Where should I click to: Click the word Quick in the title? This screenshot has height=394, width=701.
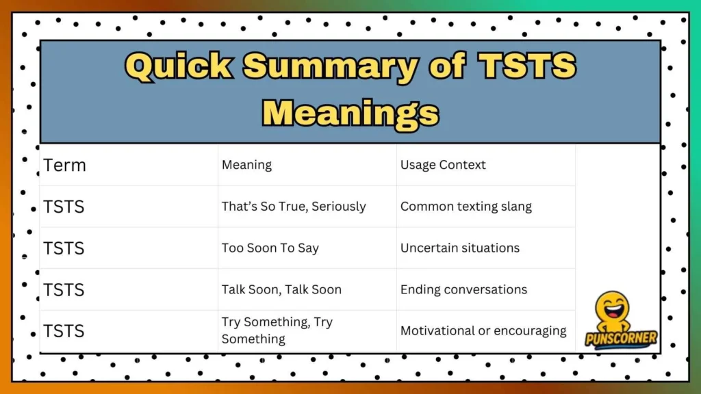click(180, 67)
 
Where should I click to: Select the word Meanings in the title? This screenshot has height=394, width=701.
click(350, 111)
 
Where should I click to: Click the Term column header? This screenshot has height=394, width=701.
click(64, 165)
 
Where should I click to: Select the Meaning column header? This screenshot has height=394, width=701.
click(246, 165)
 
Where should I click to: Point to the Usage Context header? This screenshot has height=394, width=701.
click(443, 165)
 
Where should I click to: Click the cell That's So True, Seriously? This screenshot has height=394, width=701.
click(294, 207)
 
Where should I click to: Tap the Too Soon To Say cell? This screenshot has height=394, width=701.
click(270, 248)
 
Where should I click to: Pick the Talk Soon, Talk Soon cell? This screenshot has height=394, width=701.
click(281, 289)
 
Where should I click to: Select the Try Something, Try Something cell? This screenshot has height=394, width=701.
click(277, 330)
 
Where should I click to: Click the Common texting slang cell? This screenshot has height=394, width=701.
click(466, 207)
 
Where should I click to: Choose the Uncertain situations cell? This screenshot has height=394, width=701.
click(459, 248)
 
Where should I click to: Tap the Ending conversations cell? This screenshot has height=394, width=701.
click(463, 289)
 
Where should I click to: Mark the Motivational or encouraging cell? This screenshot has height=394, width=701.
click(483, 331)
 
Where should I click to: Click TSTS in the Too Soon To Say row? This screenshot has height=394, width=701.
click(64, 248)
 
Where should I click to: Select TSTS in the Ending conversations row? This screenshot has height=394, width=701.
click(64, 289)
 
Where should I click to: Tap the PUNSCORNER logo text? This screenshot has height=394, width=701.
click(621, 338)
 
